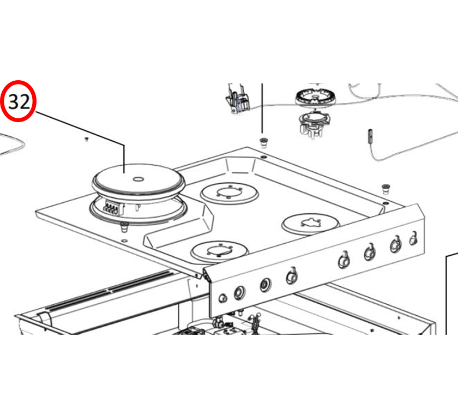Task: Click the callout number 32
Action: pos(18,102)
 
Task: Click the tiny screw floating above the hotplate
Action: pos(86,140)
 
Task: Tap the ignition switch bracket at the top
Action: pos(237,99)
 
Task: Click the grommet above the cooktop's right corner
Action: pos(386,189)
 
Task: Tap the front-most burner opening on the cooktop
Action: pos(219,251)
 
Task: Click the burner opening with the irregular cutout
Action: pos(310,222)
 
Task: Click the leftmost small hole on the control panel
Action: pos(222,298)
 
